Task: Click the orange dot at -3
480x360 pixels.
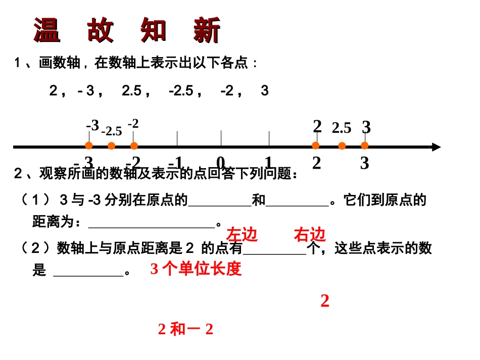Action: coord(88,146)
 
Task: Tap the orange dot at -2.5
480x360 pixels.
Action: coord(112,146)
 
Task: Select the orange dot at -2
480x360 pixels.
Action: coord(134,146)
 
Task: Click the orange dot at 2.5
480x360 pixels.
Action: coord(342,146)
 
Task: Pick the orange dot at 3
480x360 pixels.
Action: coord(365,146)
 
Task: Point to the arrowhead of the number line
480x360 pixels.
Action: coord(436,147)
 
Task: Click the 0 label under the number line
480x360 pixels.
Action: coord(221,163)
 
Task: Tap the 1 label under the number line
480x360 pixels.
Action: coord(268,163)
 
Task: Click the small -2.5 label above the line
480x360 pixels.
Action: coord(112,132)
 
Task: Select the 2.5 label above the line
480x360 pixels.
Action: coord(342,128)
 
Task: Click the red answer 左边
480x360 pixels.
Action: coord(242,235)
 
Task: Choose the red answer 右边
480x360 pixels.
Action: coord(310,235)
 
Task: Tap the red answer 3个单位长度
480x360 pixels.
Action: coord(196,269)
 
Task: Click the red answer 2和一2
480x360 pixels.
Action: coord(185,330)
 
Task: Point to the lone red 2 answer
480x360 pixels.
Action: coord(325,301)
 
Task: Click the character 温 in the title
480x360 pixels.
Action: coord(47,30)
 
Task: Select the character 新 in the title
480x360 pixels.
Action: coord(207,30)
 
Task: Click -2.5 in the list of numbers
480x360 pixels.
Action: coord(181,91)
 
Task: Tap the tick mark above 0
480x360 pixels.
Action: coord(221,137)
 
